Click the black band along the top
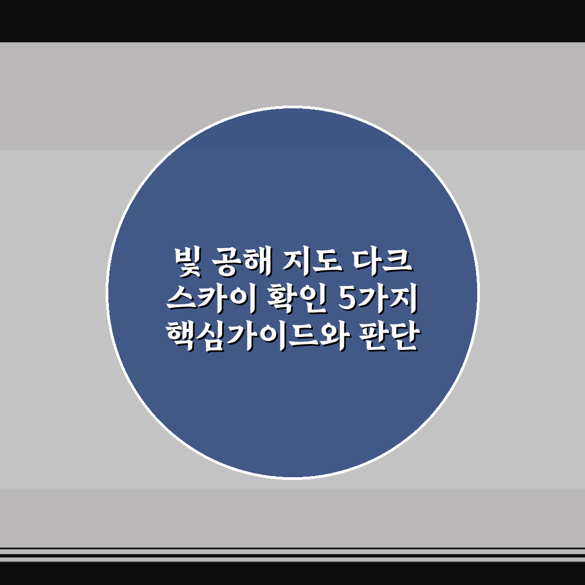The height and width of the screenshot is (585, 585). pyautogui.click(x=292, y=21)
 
